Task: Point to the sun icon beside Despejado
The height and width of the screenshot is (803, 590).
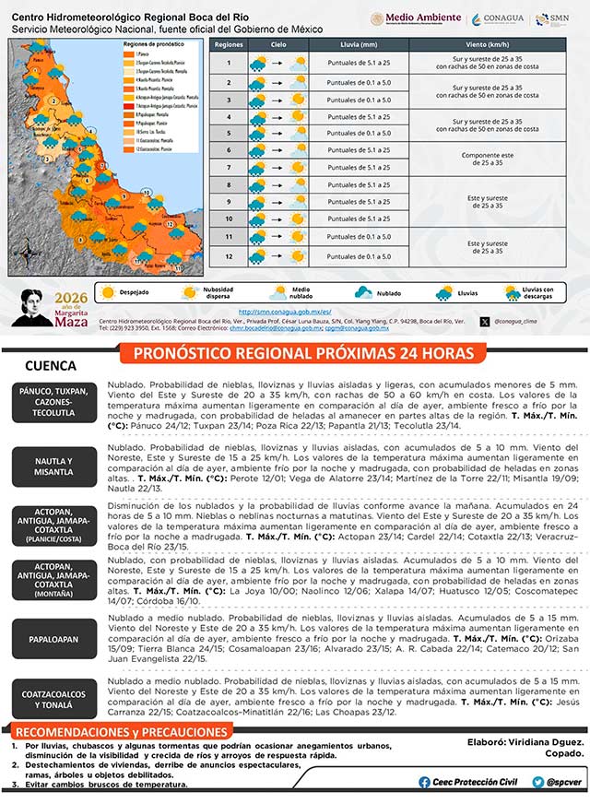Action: (x=109, y=292)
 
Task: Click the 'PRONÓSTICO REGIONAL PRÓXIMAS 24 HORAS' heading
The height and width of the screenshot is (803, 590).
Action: (x=303, y=354)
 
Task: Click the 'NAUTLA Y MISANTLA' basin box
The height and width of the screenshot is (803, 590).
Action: (x=53, y=466)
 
